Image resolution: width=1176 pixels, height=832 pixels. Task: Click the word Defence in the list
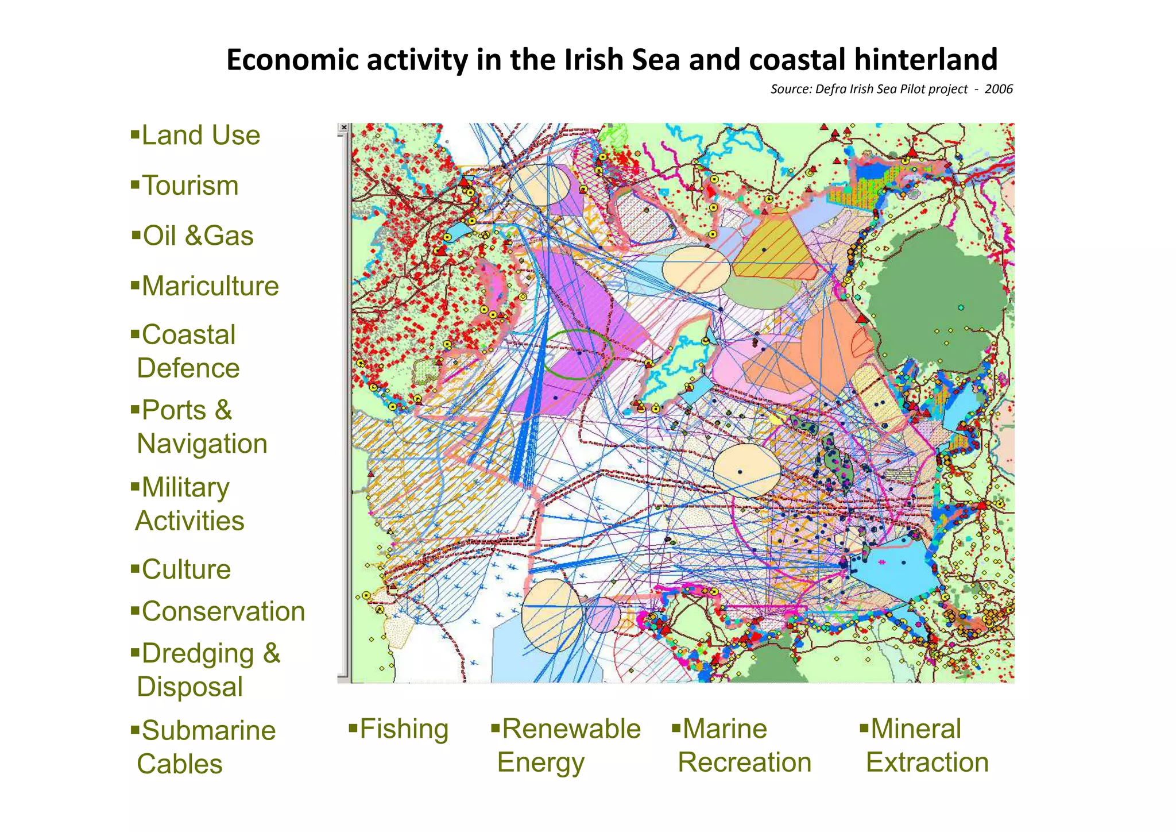[188, 368]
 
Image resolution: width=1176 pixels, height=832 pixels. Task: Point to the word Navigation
[202, 444]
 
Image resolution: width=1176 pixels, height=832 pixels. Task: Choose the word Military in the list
[185, 488]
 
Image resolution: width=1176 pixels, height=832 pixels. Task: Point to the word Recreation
[744, 762]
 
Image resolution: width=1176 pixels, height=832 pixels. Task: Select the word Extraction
[927, 762]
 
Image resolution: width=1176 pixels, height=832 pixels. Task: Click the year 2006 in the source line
[999, 89]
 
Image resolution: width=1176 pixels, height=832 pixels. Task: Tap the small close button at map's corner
[343, 128]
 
